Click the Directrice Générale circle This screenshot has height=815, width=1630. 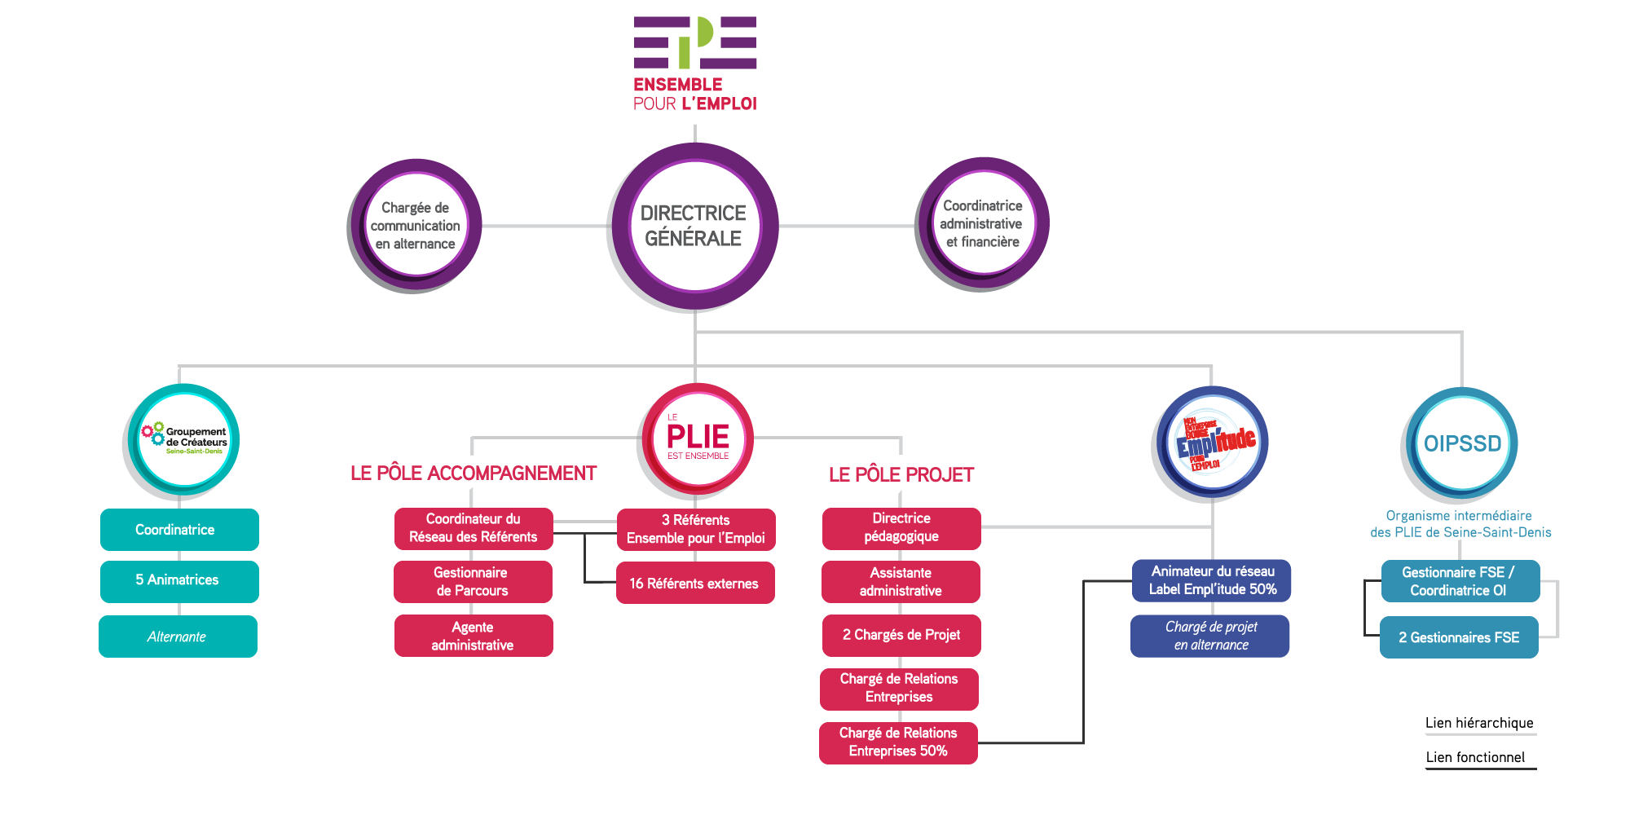[694, 226]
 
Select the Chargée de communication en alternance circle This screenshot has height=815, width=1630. [415, 226]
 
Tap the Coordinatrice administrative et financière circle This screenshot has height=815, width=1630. [982, 224]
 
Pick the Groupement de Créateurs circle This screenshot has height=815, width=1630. [183, 440]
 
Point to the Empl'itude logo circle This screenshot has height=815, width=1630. [1212, 443]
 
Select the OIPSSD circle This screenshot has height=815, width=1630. [1461, 443]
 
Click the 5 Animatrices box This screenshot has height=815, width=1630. [179, 580]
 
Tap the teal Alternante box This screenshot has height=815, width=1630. [178, 637]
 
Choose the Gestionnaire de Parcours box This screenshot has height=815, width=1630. [473, 582]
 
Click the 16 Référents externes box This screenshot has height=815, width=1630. [694, 584]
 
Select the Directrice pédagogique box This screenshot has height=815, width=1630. [901, 527]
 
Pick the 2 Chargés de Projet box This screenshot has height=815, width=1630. [901, 635]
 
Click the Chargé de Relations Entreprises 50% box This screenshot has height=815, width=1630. [898, 742]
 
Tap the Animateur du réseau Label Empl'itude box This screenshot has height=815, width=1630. [1212, 580]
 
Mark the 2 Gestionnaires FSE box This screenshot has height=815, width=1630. [1459, 637]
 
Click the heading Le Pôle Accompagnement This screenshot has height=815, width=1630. [474, 474]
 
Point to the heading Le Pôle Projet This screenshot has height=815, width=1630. [901, 474]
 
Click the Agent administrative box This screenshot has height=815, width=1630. [473, 636]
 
